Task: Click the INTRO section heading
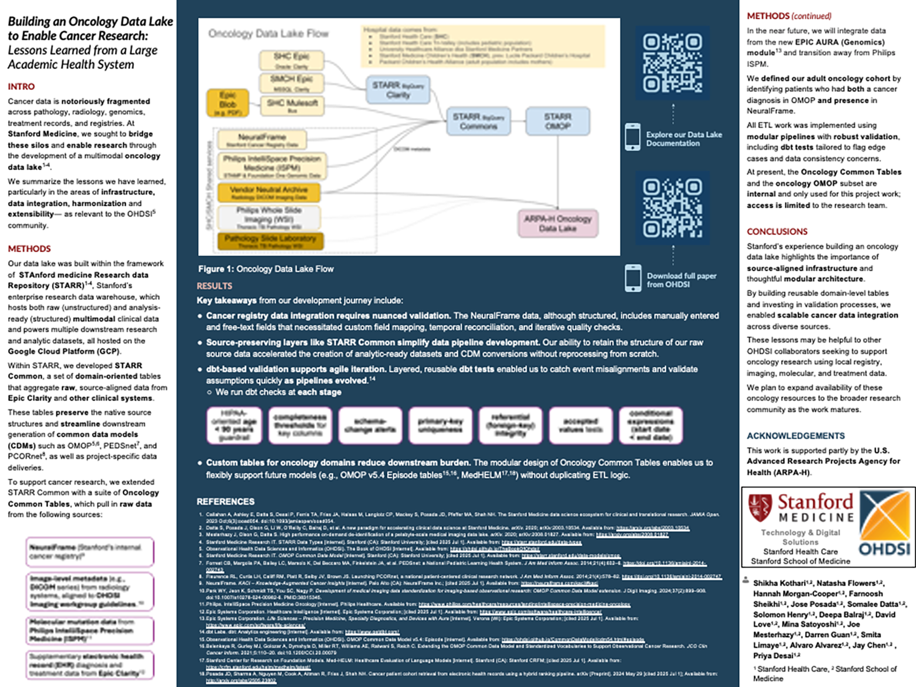click(x=21, y=87)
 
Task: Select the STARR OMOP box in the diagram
click(x=558, y=122)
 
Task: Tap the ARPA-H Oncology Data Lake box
click(x=558, y=223)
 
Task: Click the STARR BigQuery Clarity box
click(x=398, y=90)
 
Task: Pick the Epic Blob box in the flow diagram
click(x=228, y=103)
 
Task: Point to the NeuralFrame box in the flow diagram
click(x=262, y=140)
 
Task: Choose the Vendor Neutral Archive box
click(x=268, y=193)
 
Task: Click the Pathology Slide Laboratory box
click(x=270, y=241)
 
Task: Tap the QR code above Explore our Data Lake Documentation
click(x=673, y=63)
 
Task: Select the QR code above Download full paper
click(x=673, y=208)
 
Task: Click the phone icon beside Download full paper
click(x=633, y=278)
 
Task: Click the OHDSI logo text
click(x=884, y=549)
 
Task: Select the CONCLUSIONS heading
click(x=777, y=232)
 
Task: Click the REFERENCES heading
click(x=226, y=502)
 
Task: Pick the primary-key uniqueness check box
click(x=440, y=426)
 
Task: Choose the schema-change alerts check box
click(x=370, y=426)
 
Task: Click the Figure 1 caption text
click(x=266, y=269)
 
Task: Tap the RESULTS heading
click(x=214, y=286)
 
